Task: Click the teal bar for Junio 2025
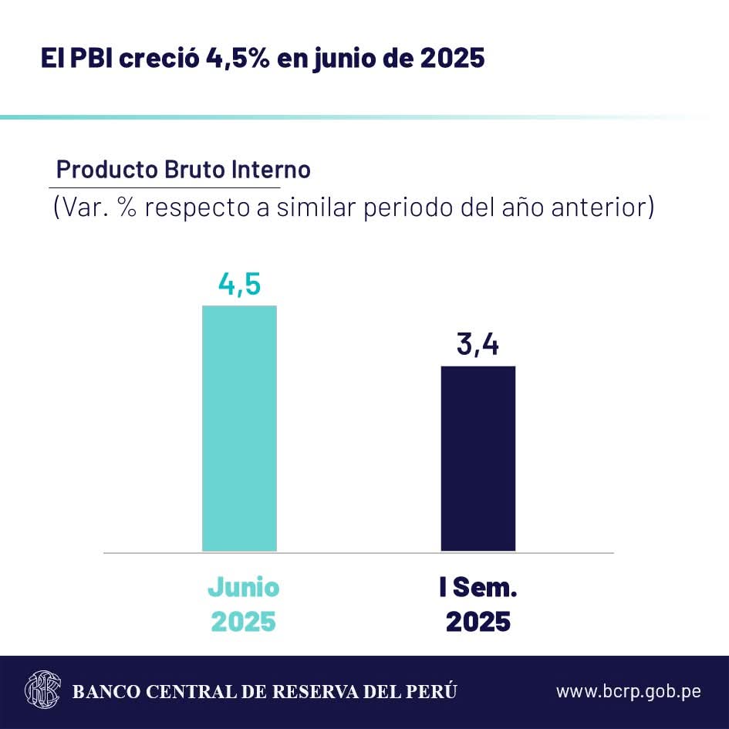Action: coord(239,428)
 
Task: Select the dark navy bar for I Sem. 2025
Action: coord(478,458)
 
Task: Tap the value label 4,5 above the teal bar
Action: coord(239,285)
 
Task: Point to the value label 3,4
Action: coord(478,345)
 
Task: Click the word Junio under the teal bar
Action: coord(243,588)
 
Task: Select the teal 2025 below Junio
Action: coord(243,622)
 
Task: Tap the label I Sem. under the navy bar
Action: coord(478,588)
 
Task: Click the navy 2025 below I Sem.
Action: coord(478,622)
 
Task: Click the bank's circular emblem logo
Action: coord(43,689)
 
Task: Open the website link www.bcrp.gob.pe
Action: coord(628,690)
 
